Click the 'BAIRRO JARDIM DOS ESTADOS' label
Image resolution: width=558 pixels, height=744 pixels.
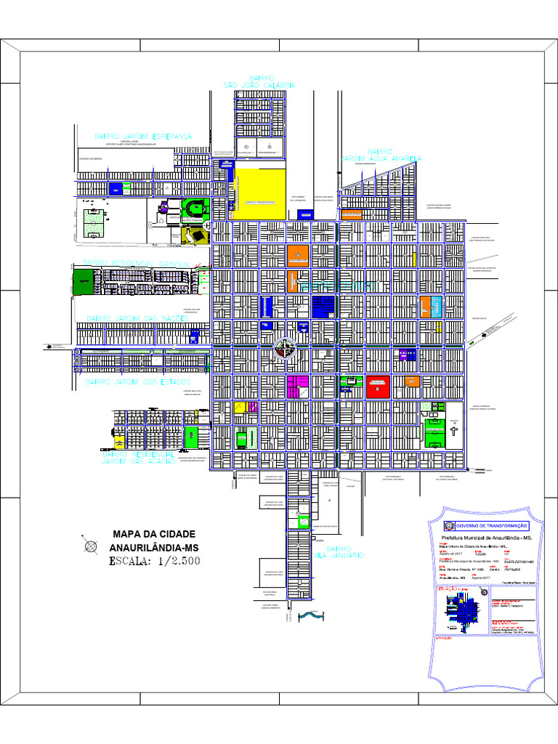[137, 381]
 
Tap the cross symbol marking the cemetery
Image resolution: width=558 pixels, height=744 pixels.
[453, 431]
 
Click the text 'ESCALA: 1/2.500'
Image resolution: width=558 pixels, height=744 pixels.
[154, 561]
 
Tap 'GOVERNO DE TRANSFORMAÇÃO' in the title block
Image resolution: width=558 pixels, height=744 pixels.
[491, 526]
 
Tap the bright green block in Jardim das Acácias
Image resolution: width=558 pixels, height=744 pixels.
[192, 437]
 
